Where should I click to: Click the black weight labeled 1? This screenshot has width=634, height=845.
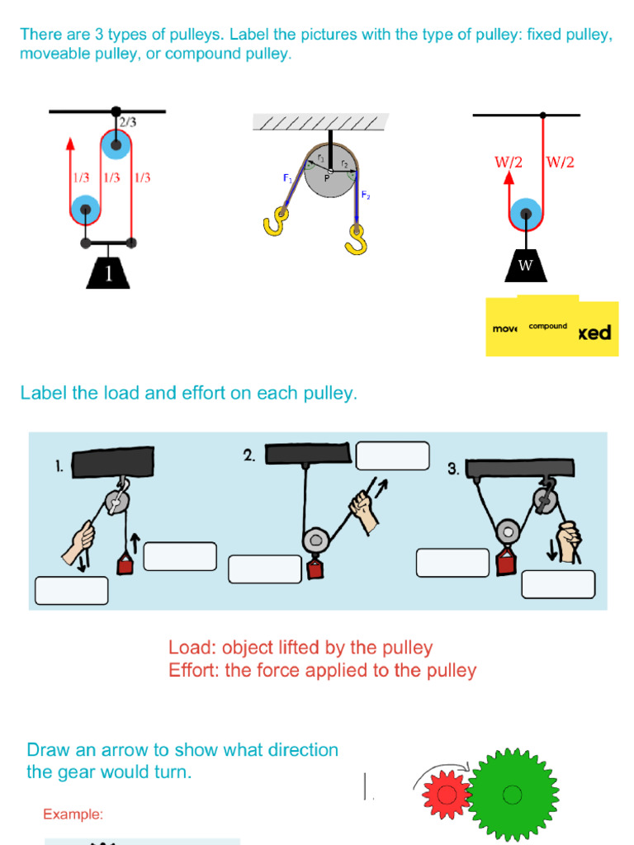point(109,273)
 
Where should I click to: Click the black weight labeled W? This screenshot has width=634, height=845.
point(525,265)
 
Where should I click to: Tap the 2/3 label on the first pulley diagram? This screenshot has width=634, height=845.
point(127,122)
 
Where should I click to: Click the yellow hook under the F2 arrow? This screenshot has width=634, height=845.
point(357,240)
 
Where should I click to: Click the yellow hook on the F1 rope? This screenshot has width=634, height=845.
point(276,222)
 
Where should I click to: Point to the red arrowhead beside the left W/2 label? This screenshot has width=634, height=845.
point(509,177)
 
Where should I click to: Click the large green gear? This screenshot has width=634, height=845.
point(512,795)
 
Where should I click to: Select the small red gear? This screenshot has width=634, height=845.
point(447,795)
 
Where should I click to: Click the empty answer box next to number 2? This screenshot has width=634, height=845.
point(393,456)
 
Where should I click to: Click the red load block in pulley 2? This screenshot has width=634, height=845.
point(314,569)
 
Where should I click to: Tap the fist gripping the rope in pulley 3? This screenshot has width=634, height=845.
point(567,542)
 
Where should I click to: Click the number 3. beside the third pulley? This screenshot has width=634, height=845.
point(453,469)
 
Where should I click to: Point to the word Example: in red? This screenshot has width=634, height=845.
point(73,814)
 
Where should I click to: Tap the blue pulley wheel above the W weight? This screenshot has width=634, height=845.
point(525,215)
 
